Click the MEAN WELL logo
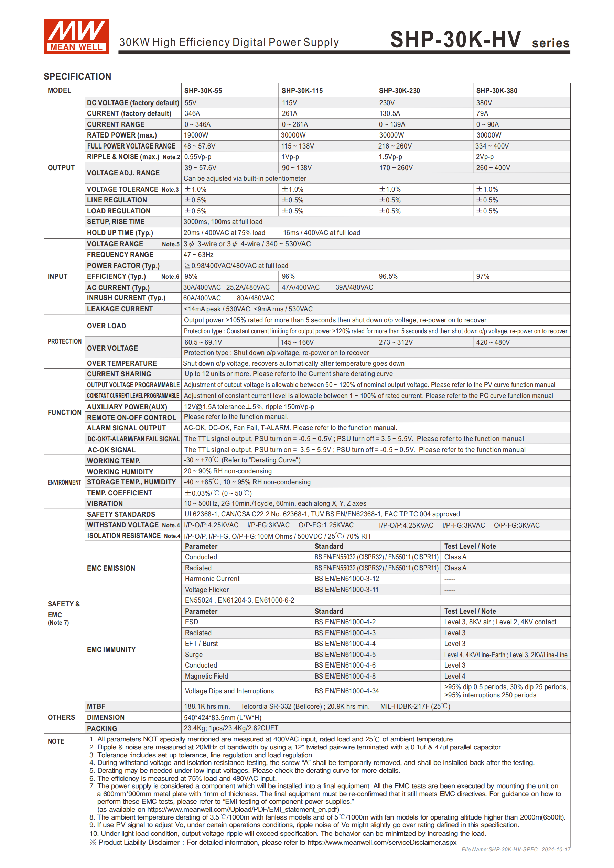(76, 36)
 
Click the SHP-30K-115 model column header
(302, 91)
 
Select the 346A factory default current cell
(192, 113)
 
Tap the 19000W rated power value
(196, 135)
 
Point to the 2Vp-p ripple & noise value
(485, 157)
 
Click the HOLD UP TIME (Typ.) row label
(120, 233)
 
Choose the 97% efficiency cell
(483, 277)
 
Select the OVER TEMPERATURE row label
(122, 363)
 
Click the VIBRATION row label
(105, 504)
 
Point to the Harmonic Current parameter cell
(212, 579)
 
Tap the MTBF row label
(96, 706)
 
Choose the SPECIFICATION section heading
(77, 76)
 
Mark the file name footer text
(516, 849)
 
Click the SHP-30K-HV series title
(479, 40)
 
